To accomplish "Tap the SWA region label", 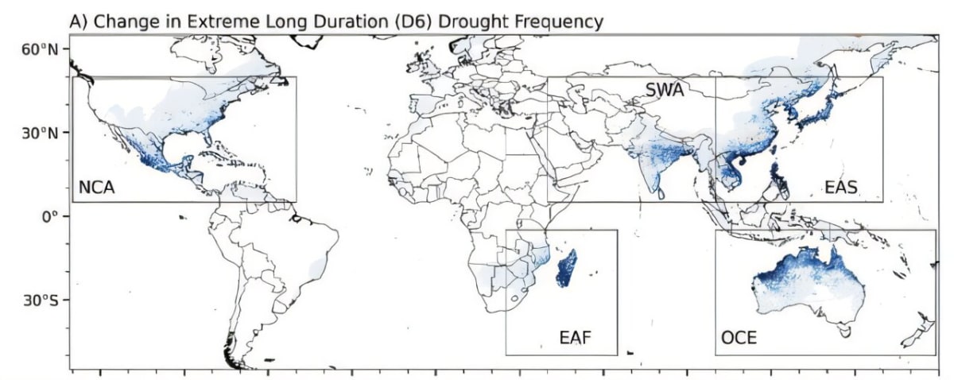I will (665, 90).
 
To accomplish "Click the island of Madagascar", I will (568, 268).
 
